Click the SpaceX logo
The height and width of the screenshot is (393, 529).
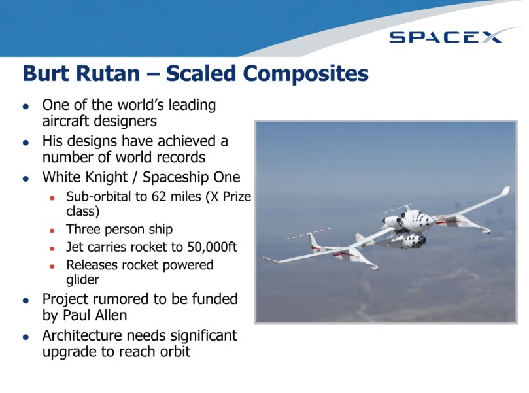(446, 37)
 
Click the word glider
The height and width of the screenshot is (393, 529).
(83, 279)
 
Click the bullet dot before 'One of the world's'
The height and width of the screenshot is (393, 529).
(26, 106)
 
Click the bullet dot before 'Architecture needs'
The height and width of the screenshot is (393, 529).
(26, 337)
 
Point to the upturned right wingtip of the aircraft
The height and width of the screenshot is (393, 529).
(505, 191)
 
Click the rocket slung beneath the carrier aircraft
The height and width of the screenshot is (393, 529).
(409, 243)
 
